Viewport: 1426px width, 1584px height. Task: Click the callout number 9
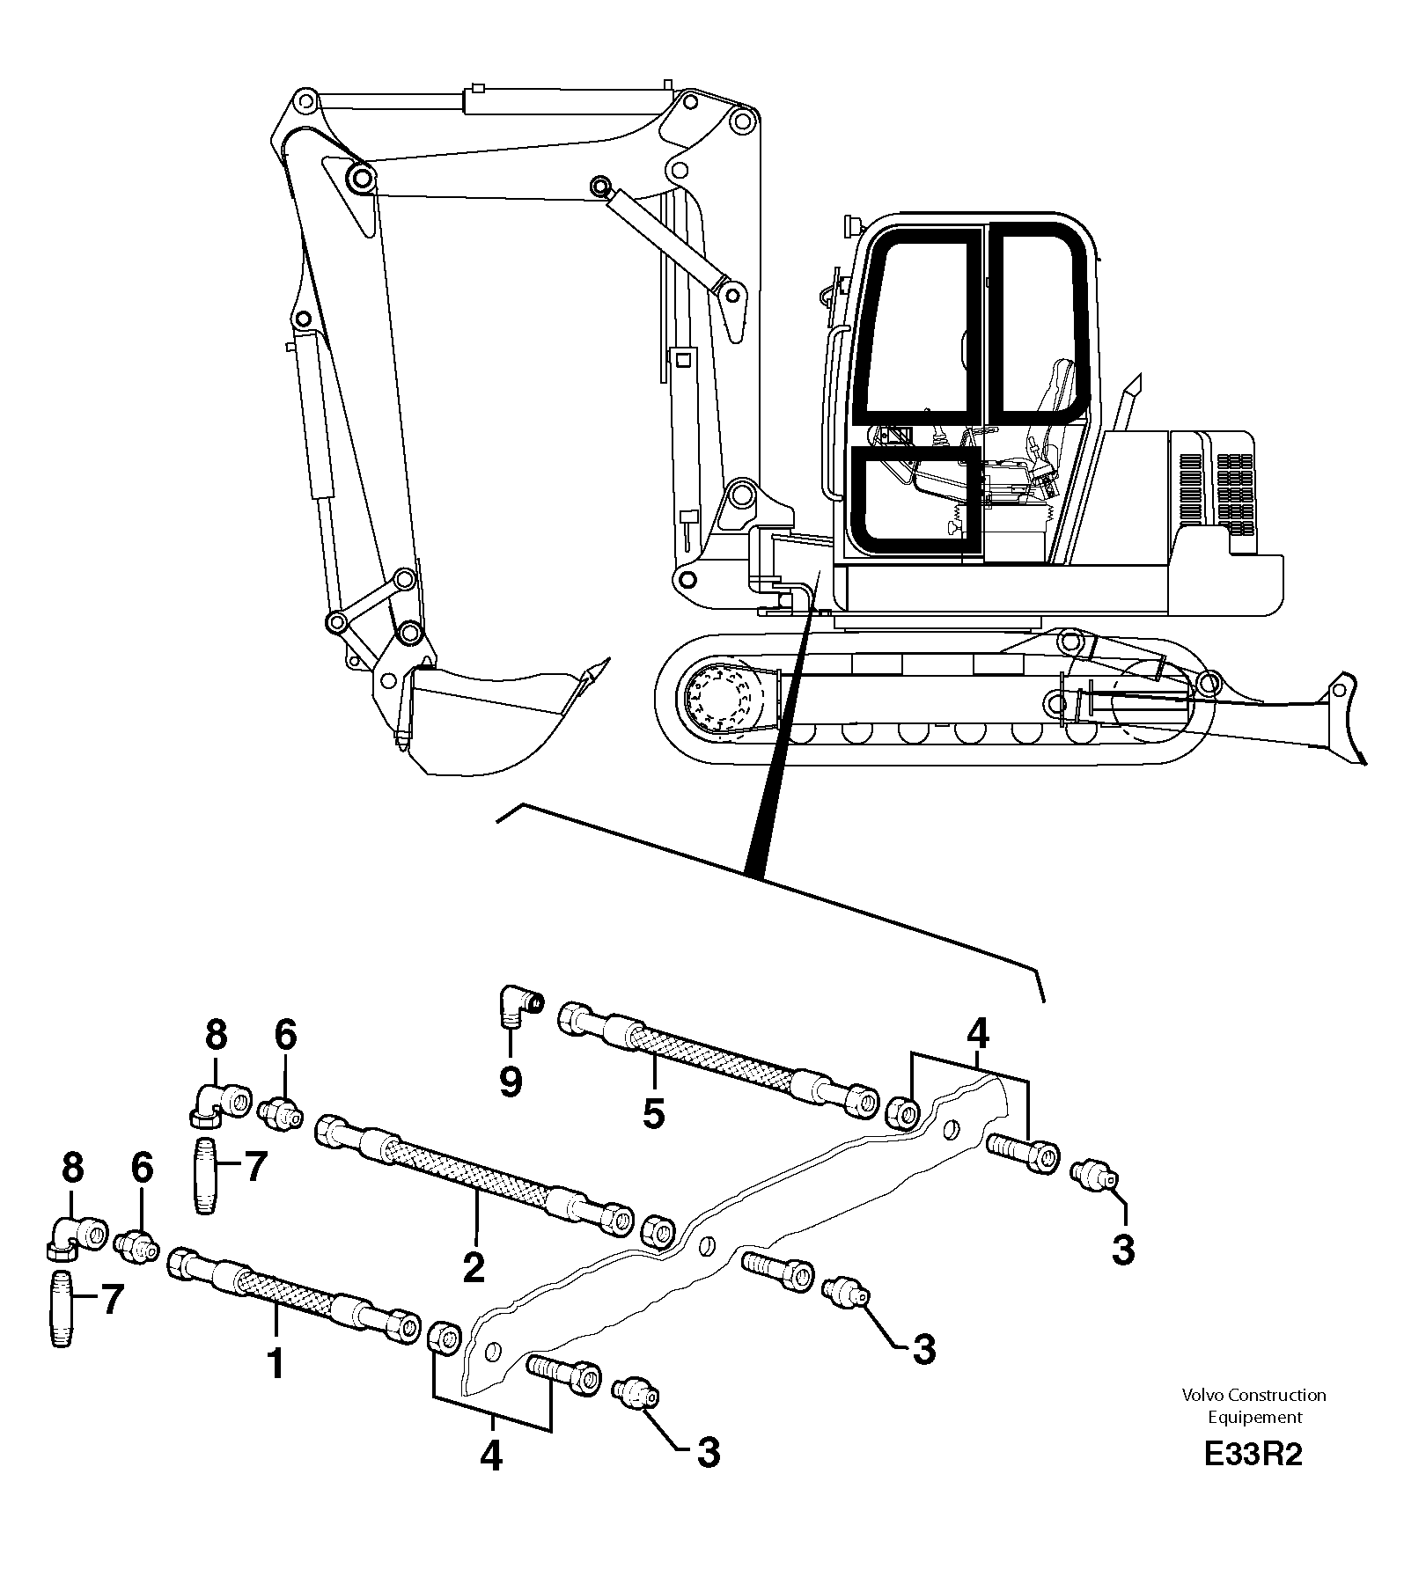coord(511,1081)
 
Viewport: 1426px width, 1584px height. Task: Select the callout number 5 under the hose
coord(652,1113)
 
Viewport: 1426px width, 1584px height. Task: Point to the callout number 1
coord(276,1363)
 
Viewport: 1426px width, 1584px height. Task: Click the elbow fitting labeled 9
coord(518,1005)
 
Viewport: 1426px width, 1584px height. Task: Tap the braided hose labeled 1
coord(290,1295)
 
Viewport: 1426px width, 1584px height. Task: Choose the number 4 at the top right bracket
coord(977,1034)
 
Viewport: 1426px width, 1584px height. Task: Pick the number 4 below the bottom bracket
coord(490,1456)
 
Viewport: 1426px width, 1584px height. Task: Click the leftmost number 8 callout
coord(72,1169)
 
